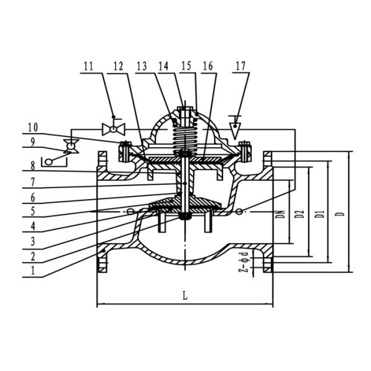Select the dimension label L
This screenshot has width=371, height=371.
coord(184,296)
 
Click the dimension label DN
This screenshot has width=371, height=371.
coord(280,215)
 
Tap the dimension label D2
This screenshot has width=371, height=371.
coord(299,215)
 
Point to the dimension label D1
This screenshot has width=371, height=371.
coord(319,215)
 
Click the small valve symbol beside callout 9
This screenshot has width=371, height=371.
coord(71,146)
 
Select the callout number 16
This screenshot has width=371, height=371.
coord(208,65)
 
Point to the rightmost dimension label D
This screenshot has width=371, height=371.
coord(339,215)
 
